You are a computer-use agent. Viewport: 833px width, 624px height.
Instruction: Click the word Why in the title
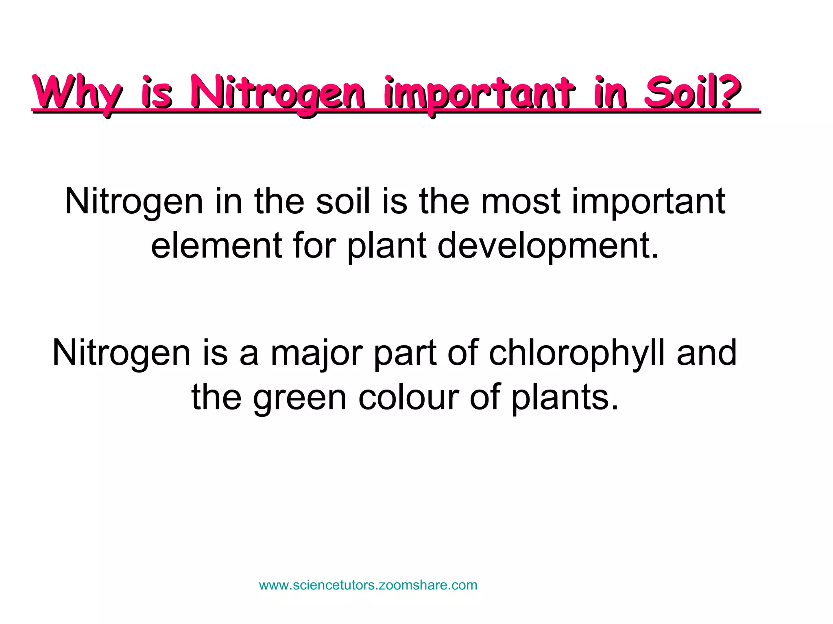[77, 93]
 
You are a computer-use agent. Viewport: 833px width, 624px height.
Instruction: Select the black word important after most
[648, 202]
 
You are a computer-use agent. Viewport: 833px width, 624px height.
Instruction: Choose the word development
[547, 246]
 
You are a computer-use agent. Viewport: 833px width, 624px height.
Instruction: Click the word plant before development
[387, 246]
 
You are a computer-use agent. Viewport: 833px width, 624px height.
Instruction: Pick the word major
[316, 353]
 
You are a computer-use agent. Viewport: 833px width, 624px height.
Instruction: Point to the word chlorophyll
[577, 353]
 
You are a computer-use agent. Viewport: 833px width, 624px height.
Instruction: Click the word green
[299, 398]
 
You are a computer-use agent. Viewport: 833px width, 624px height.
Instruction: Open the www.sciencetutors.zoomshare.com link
[368, 585]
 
